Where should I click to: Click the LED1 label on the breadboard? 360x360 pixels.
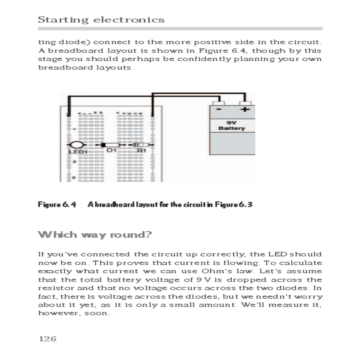tap(77, 152)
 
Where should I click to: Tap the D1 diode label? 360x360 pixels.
tap(111, 150)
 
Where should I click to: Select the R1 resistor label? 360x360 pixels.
tap(141, 150)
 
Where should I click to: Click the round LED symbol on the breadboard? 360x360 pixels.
tap(76, 145)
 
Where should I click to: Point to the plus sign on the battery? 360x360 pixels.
tap(245, 109)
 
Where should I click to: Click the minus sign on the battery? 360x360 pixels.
tap(219, 109)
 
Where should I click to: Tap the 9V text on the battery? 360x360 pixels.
tap(231, 123)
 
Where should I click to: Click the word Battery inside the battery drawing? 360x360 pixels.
tap(232, 128)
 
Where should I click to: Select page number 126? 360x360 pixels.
tap(48, 339)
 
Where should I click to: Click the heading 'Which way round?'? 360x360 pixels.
tap(95, 235)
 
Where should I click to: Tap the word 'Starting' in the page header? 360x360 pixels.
tap(63, 20)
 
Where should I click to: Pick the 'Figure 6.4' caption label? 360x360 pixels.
tap(57, 205)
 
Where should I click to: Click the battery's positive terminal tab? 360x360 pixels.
tap(245, 103)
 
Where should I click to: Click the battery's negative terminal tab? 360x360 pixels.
tap(218, 103)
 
